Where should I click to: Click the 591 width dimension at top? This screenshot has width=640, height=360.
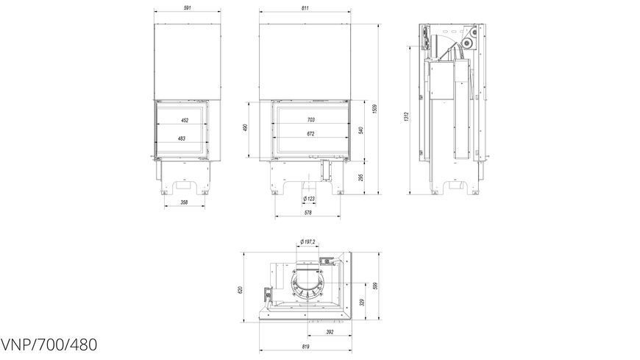coord(188,8)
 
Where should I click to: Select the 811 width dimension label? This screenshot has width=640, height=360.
coord(305,8)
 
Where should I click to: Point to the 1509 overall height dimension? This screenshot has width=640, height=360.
coord(374,109)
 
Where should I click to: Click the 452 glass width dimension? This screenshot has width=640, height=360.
coord(185,120)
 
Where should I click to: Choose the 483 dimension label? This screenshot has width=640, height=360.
coord(182,138)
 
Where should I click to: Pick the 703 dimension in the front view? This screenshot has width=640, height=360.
coord(311,120)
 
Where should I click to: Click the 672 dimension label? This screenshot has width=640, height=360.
coord(311,134)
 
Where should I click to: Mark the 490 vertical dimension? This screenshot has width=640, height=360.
coord(245,128)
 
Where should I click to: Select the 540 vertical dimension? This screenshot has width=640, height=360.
coord(360,130)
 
